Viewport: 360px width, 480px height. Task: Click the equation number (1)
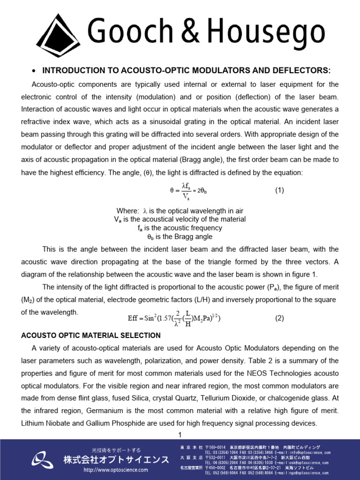pyautogui.click(x=279, y=191)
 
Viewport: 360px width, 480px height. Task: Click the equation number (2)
pyautogui.click(x=279, y=318)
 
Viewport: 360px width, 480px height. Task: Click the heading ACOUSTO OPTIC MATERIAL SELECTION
pyautogui.click(x=91, y=336)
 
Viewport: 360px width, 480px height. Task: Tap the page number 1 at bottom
pyautogui.click(x=180, y=435)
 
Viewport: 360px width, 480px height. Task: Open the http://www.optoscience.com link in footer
pyautogui.click(x=115, y=470)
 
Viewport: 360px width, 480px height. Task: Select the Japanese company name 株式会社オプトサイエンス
pyautogui.click(x=116, y=459)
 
